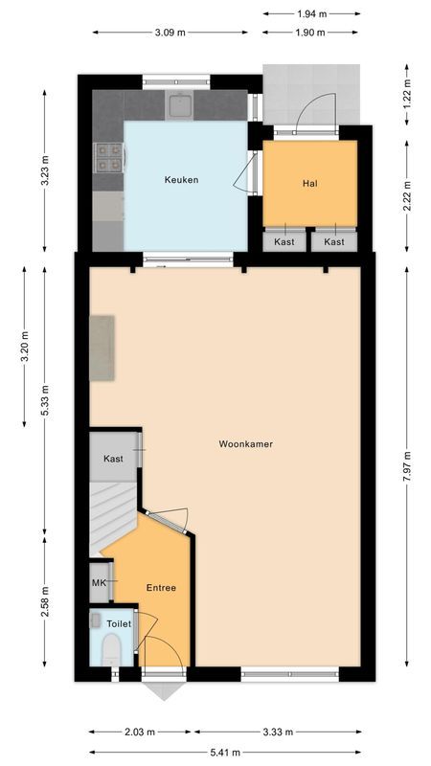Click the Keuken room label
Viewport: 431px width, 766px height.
pyautogui.click(x=181, y=180)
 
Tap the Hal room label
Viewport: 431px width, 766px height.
pyautogui.click(x=309, y=183)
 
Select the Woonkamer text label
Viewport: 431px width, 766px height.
pyautogui.click(x=239, y=443)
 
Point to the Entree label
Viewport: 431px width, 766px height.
pyautogui.click(x=161, y=588)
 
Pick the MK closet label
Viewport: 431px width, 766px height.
pyautogui.click(x=99, y=582)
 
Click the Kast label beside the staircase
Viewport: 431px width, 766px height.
pyautogui.click(x=114, y=460)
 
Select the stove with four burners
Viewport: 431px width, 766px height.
pyautogui.click(x=107, y=156)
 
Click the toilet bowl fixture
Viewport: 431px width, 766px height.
pyautogui.click(x=111, y=648)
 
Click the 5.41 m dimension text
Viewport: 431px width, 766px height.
pyautogui.click(x=226, y=751)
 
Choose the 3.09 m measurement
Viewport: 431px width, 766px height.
pyautogui.click(x=170, y=33)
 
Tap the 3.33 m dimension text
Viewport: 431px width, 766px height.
pyautogui.click(x=278, y=732)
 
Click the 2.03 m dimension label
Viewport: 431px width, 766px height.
pyautogui.click(x=139, y=732)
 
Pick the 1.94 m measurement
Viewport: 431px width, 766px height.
pyautogui.click(x=312, y=14)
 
